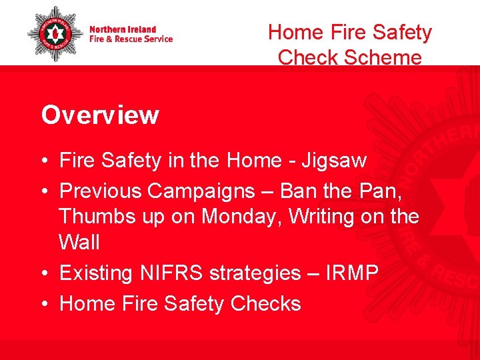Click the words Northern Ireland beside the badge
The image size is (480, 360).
pyautogui.click(x=123, y=29)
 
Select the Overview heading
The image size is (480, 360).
pyautogui.click(x=100, y=115)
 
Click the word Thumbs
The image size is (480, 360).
pyautogui.click(x=93, y=217)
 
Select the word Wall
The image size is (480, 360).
pyautogui.click(x=79, y=243)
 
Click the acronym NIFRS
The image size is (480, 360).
pyautogui.click(x=174, y=273)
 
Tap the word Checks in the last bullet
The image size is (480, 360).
pyautogui.click(x=265, y=304)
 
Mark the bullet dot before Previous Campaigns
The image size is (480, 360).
pyautogui.click(x=44, y=192)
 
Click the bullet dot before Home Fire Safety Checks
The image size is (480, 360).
pyautogui.click(x=44, y=305)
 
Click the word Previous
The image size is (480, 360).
pyautogui.click(x=101, y=191)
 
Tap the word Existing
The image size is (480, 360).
pyautogui.click(x=97, y=273)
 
